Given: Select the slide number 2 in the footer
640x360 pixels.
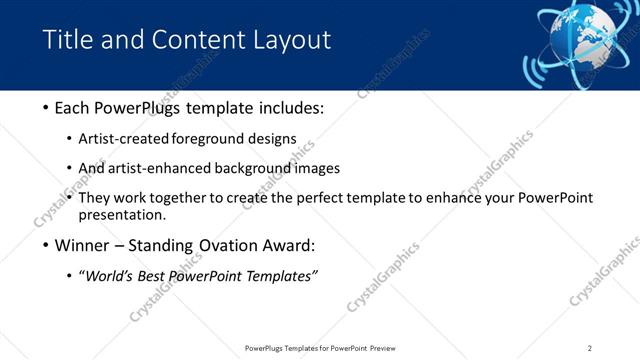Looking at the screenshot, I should (590, 348).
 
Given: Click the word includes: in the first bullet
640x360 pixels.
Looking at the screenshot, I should (290, 107).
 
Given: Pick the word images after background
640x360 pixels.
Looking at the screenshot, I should (317, 168).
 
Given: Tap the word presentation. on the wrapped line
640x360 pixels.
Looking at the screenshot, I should (122, 214).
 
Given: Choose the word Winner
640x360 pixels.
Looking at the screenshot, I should (83, 245).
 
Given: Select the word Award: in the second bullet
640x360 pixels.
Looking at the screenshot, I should (288, 245).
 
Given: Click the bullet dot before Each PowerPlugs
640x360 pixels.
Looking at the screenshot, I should (47, 108).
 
